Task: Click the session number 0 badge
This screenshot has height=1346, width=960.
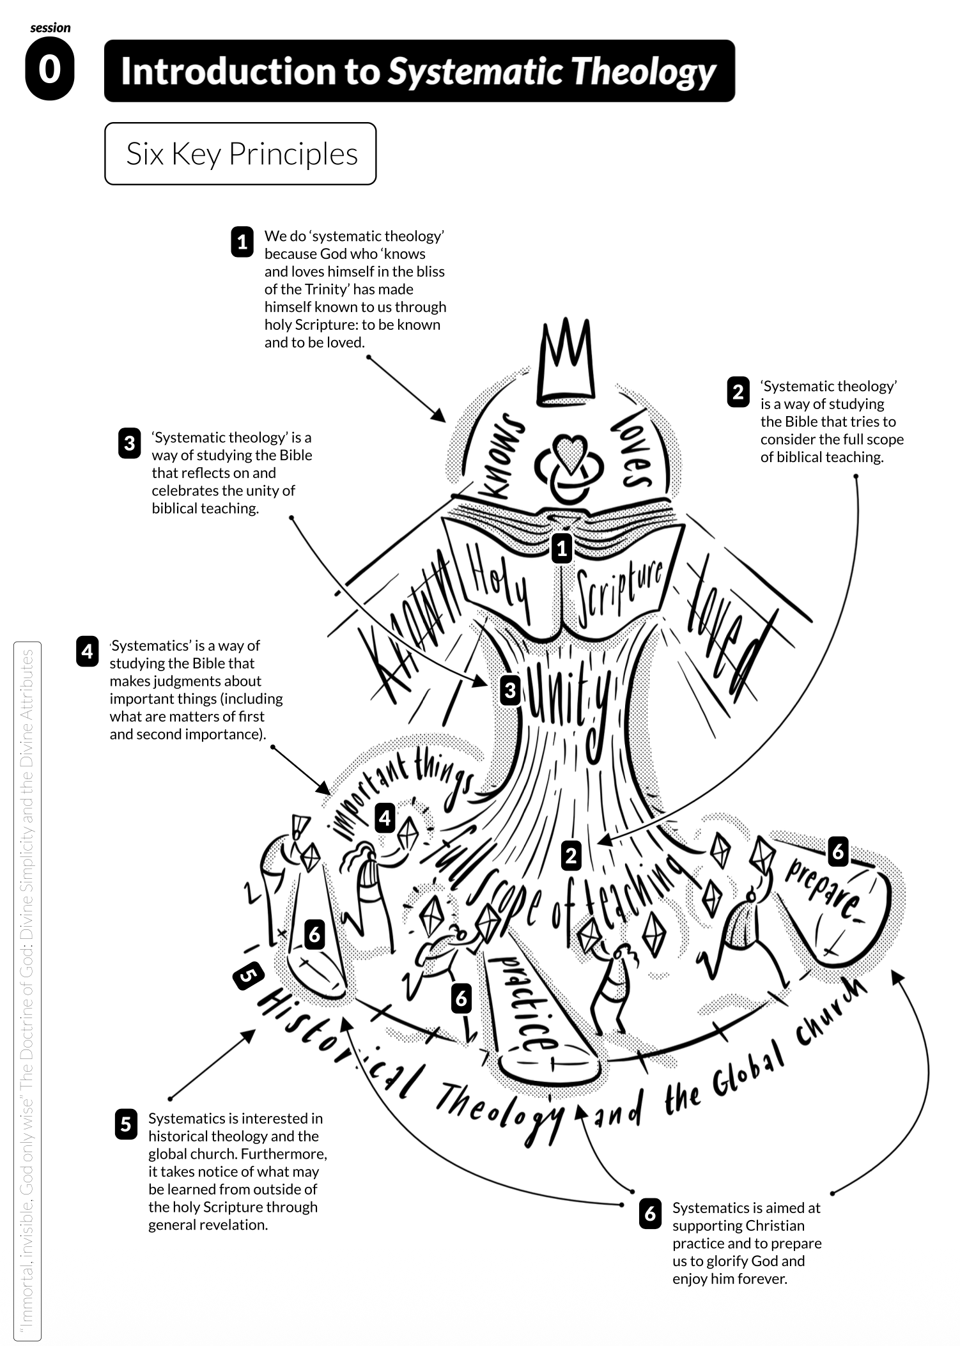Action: (49, 70)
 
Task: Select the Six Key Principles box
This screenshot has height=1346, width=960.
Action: (240, 154)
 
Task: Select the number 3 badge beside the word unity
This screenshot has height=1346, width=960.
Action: (510, 690)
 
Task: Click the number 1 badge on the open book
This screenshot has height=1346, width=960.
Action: (562, 548)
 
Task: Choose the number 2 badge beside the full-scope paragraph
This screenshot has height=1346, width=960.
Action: (738, 391)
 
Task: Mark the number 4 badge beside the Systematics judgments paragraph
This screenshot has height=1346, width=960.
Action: (87, 651)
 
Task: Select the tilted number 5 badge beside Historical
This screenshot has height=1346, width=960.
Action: (248, 975)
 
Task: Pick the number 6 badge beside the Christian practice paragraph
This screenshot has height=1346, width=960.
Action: (650, 1213)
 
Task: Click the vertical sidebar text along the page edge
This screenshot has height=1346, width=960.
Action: (26, 991)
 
